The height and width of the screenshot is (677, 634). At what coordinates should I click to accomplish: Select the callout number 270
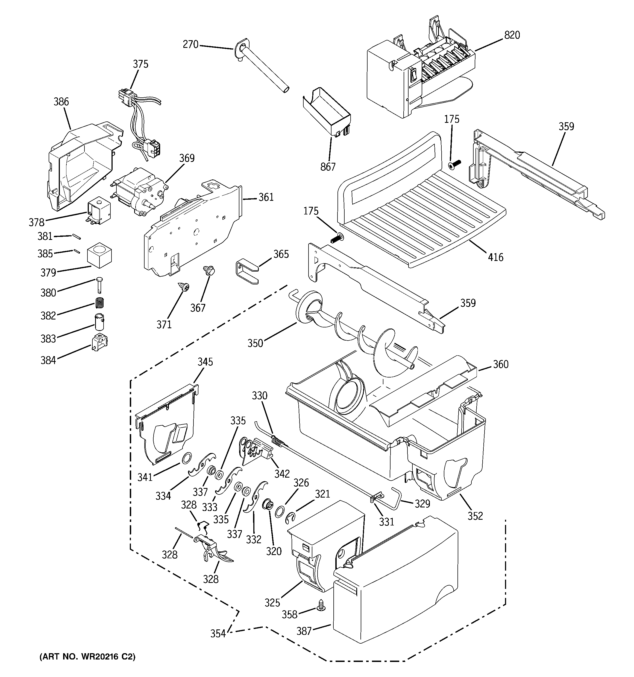pos(190,44)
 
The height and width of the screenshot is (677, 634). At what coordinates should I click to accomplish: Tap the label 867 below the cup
pos(328,167)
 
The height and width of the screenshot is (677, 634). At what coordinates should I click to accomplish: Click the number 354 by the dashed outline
pos(218,634)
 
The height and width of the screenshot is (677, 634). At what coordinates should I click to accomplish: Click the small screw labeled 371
pos(185,287)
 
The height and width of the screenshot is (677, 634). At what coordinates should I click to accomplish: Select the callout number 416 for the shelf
pos(495,257)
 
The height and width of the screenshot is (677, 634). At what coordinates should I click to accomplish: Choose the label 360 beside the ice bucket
pos(500,364)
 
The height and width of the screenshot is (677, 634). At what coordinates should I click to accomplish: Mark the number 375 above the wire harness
pos(140,64)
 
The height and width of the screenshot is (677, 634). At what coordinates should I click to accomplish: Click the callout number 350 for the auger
pos(255,343)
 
